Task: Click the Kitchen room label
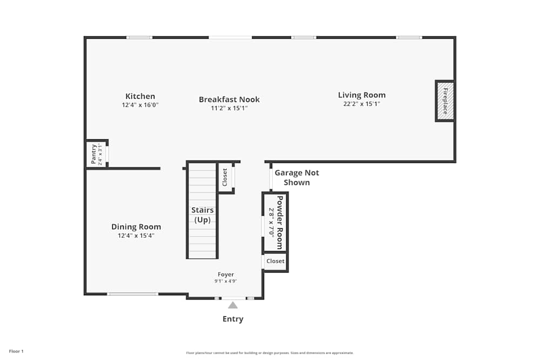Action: click(x=140, y=97)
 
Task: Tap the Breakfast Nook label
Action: click(x=229, y=99)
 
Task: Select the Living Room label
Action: click(x=362, y=95)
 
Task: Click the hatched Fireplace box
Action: click(x=445, y=101)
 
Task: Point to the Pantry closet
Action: click(x=97, y=154)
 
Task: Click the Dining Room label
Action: click(x=136, y=227)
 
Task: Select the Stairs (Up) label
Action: click(x=202, y=215)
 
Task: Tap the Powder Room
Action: click(x=276, y=222)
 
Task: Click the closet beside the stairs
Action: click(x=225, y=177)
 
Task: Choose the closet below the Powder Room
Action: click(x=275, y=261)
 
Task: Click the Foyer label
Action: click(x=226, y=275)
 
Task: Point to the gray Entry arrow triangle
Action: click(x=233, y=305)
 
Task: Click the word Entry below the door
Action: click(x=233, y=319)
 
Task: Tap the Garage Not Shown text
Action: click(x=296, y=178)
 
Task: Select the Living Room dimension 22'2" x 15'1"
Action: click(x=362, y=104)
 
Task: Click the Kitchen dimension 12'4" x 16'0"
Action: click(x=140, y=105)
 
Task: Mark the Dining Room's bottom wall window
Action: click(x=133, y=294)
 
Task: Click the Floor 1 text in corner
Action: click(x=16, y=351)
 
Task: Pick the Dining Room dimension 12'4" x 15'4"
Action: click(x=136, y=235)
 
